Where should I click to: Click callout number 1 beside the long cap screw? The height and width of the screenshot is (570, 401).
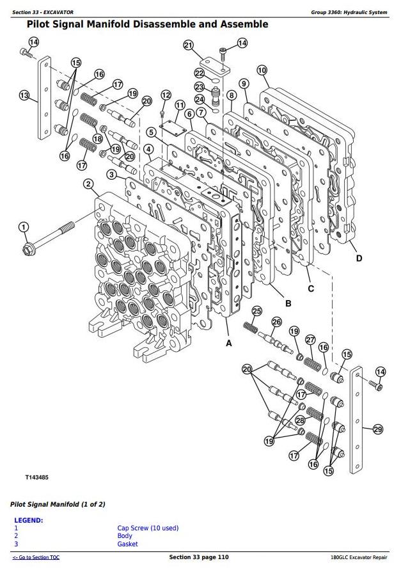(x=24, y=227)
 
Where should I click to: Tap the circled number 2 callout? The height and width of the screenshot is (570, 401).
(x=88, y=185)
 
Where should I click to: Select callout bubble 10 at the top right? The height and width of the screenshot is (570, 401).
(x=262, y=70)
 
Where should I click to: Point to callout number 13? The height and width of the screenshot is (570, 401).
(x=24, y=96)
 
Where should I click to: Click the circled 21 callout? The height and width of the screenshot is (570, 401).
(x=188, y=45)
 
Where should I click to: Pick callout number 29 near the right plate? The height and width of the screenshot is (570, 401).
(x=377, y=429)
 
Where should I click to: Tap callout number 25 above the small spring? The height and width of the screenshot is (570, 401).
(x=256, y=311)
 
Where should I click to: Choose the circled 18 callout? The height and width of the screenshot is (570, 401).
(x=98, y=138)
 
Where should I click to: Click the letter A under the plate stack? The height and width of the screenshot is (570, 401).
(x=229, y=343)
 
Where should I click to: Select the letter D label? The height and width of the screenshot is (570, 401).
(x=359, y=258)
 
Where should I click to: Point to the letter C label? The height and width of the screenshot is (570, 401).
(x=311, y=289)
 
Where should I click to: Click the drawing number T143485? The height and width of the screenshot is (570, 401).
(x=37, y=478)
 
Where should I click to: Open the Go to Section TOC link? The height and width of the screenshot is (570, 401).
(x=36, y=558)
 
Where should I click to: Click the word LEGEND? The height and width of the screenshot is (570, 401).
(x=29, y=520)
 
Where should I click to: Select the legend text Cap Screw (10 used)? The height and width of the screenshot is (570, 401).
(x=148, y=528)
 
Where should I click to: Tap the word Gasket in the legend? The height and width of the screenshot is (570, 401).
(x=127, y=544)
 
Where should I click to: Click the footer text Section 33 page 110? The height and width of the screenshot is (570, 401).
(x=198, y=558)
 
